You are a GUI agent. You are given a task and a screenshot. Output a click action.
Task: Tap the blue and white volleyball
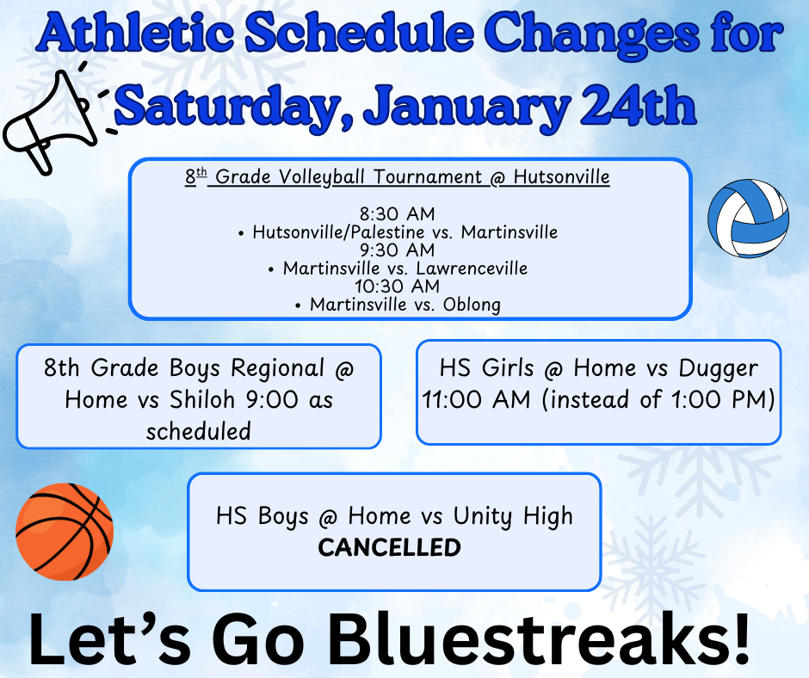click(x=748, y=219)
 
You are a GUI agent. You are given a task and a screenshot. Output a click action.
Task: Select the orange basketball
click(x=65, y=532)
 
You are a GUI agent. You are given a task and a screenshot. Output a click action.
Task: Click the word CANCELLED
click(x=389, y=547)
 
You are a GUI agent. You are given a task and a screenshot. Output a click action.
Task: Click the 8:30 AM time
click(x=398, y=213)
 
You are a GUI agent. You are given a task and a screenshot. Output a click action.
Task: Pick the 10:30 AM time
click(x=397, y=286)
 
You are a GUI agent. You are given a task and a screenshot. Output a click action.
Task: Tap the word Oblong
click(x=472, y=305)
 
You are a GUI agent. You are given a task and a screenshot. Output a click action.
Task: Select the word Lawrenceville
click(x=472, y=268)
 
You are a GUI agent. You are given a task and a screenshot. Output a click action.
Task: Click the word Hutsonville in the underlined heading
click(x=561, y=177)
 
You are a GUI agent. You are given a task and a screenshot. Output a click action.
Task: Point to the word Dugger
click(x=718, y=369)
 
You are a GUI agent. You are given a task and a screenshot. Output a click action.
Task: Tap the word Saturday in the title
click(x=231, y=108)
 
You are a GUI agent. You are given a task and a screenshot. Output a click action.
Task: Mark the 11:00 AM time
click(x=476, y=399)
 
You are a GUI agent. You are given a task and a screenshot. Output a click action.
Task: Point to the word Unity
click(x=483, y=516)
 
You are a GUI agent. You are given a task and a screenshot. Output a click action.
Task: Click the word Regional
click(x=278, y=369)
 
